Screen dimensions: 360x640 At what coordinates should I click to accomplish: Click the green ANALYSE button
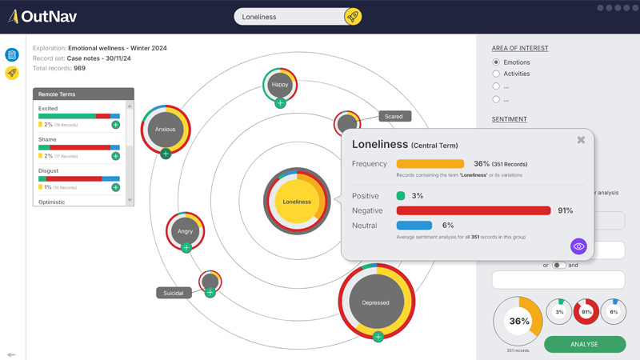[x=585, y=344]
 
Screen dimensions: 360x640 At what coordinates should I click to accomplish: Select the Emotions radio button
[x=496, y=62]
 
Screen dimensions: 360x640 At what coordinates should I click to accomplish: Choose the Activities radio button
[x=496, y=74]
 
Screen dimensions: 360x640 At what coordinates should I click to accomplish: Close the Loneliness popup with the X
[x=581, y=140]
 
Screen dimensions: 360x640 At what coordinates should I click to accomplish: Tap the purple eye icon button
[x=578, y=246]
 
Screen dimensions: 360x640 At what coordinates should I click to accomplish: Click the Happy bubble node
[x=280, y=84]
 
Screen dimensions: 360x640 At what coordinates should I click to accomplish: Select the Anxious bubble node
[x=166, y=129]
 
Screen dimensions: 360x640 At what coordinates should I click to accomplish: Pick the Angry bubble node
[x=186, y=231]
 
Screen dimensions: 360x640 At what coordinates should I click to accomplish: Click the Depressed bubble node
[x=376, y=302]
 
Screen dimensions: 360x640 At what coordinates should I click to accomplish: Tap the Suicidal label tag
[x=174, y=293]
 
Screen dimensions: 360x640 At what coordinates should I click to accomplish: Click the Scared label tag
[x=394, y=117]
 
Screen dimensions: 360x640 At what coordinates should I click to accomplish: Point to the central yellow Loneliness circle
[x=297, y=202]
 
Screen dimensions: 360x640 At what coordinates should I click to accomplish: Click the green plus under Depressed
[x=378, y=337]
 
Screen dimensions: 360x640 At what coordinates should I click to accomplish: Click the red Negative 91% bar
[x=474, y=210]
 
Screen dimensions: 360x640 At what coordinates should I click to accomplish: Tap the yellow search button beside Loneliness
[x=352, y=17]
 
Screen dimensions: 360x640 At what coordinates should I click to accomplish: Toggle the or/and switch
[x=559, y=265]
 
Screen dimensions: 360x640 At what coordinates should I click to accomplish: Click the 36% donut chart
[x=518, y=322]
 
